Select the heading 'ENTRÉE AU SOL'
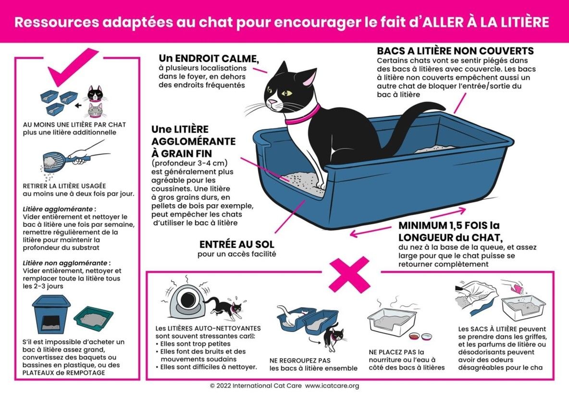coord(236,245)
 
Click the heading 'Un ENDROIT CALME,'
coord(209,59)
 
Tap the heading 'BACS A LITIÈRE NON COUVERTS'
coord(455,51)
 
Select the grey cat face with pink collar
coord(95,111)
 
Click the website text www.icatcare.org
coord(332,386)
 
